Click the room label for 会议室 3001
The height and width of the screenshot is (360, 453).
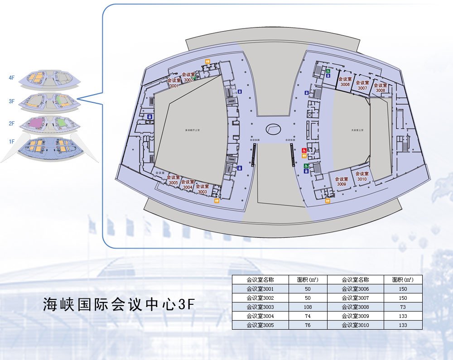174,82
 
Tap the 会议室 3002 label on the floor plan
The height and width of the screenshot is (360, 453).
188,77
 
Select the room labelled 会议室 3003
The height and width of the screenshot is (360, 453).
202,189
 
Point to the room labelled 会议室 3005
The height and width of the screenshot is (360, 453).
173,180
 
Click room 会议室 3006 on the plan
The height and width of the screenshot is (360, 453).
345,82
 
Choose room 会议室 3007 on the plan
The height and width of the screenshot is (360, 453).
362,85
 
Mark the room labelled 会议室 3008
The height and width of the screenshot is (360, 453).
381,87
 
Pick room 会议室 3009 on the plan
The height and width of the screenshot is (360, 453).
342,182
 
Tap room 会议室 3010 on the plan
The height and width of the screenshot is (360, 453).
362,176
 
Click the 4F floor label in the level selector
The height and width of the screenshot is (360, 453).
12,78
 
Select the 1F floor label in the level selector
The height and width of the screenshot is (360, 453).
12,142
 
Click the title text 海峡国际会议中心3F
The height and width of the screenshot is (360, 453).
119,304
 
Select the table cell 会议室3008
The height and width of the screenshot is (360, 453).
355,307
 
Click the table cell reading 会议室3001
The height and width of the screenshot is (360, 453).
260,289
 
